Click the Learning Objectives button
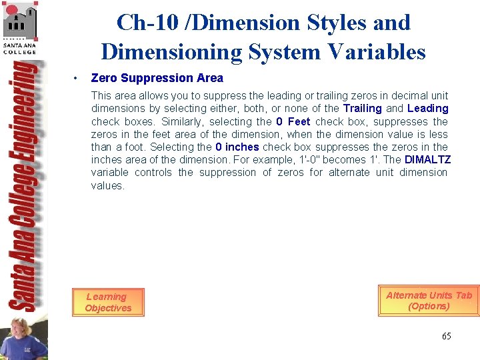108,302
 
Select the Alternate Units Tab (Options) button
429,301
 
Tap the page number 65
446,336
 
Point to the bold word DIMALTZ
428,159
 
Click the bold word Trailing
362,108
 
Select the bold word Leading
427,108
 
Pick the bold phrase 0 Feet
293,121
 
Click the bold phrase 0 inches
237,147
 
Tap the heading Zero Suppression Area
157,78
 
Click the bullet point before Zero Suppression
77,79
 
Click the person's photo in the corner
23,337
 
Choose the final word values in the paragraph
107,185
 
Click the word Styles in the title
336,23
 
